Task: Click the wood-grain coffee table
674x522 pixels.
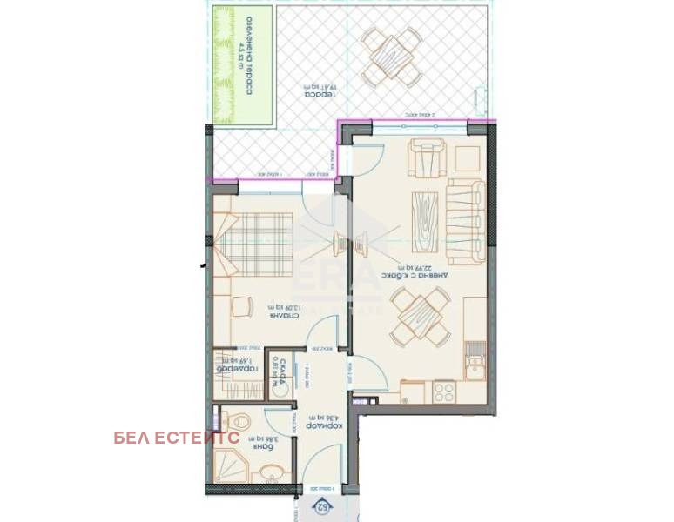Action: tap(428, 215)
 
